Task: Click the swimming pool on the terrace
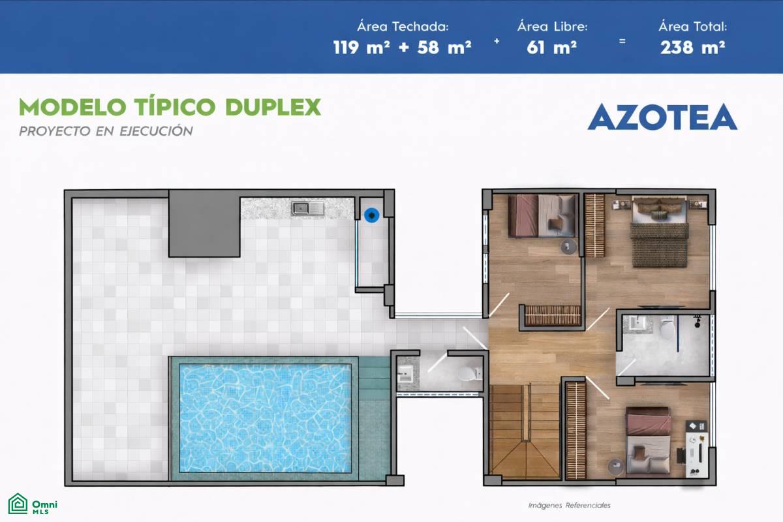(x=266, y=418)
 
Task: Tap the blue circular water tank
(x=371, y=215)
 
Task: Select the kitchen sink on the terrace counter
(x=308, y=208)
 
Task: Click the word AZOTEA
(x=662, y=117)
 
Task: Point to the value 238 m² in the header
(x=692, y=47)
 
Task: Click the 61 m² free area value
(x=551, y=47)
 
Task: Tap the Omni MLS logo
(x=33, y=504)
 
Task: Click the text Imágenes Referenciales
(x=570, y=505)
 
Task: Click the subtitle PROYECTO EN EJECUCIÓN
(x=106, y=131)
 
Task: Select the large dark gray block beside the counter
(x=204, y=224)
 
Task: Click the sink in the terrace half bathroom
(x=405, y=374)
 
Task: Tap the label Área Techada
(x=403, y=27)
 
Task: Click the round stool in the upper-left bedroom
(x=569, y=247)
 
